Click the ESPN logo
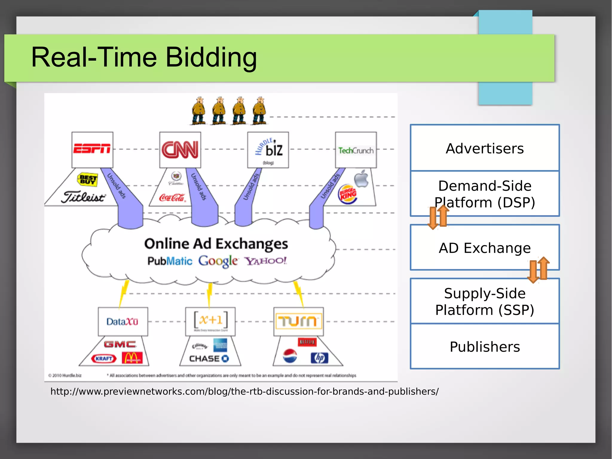pos(92,148)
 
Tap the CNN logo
pos(180,150)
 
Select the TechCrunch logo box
pos(356,150)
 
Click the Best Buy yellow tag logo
pos(88,179)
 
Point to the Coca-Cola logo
pos(172,197)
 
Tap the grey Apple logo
pos(361,179)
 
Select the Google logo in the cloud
pos(218,261)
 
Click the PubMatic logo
pos(170,261)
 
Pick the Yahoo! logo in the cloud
pos(266,261)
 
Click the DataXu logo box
pos(123,321)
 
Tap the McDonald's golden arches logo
pos(132,358)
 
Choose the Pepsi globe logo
pos(290,356)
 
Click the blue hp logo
pos(319,358)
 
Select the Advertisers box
pos(484,148)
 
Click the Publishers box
pos(484,347)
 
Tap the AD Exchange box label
pos(484,248)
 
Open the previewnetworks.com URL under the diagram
pos(244,391)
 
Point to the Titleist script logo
pos(83,197)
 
